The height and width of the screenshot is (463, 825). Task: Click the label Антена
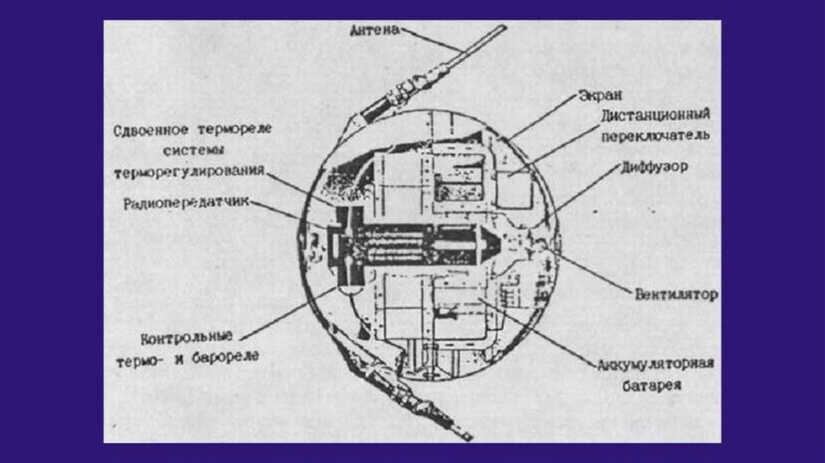pos(375,31)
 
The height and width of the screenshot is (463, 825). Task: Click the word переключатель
pos(654,136)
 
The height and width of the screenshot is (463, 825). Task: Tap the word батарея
pos(652,386)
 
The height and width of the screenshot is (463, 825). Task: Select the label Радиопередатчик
pos(184,204)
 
